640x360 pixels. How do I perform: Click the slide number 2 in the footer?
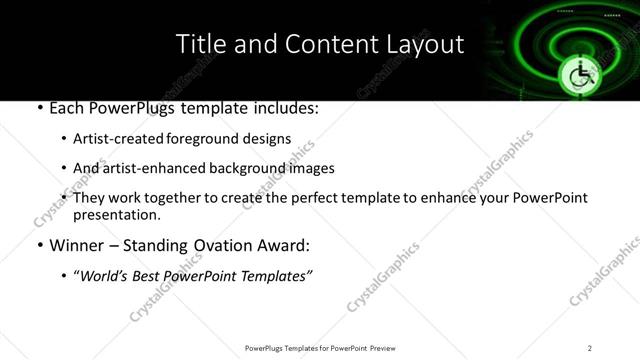590,347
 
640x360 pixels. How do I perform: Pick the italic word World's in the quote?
105,276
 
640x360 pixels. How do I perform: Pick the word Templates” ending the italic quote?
279,276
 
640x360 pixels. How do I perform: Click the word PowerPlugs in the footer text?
266,347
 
